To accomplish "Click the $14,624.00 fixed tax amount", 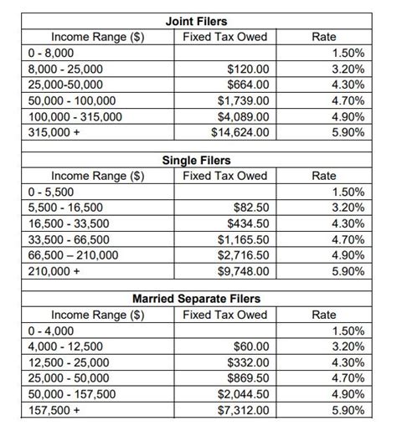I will (x=241, y=132).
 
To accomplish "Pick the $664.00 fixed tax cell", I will (x=249, y=85).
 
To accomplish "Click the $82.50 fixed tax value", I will (x=252, y=208).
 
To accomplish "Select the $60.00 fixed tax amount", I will (x=252, y=346).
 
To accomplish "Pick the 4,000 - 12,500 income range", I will (x=54, y=346).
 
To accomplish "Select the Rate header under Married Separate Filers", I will (x=323, y=315).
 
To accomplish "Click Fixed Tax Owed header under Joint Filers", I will (x=224, y=38).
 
